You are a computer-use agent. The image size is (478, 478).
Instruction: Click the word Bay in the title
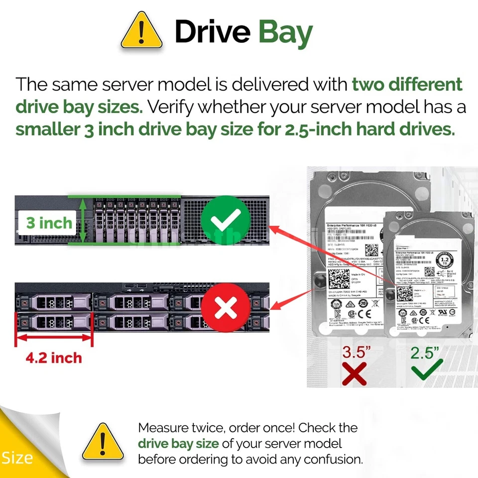pyautogui.click(x=285, y=32)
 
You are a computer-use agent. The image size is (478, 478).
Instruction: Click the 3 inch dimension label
pyautogui.click(x=48, y=223)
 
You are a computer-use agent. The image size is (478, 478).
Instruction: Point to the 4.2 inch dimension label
pyautogui.click(x=54, y=357)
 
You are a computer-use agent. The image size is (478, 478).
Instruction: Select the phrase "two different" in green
pyautogui.click(x=407, y=84)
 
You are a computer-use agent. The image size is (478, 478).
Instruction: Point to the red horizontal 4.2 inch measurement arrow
pyautogui.click(x=54, y=340)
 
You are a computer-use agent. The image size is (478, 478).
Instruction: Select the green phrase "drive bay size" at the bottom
pyautogui.click(x=178, y=443)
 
